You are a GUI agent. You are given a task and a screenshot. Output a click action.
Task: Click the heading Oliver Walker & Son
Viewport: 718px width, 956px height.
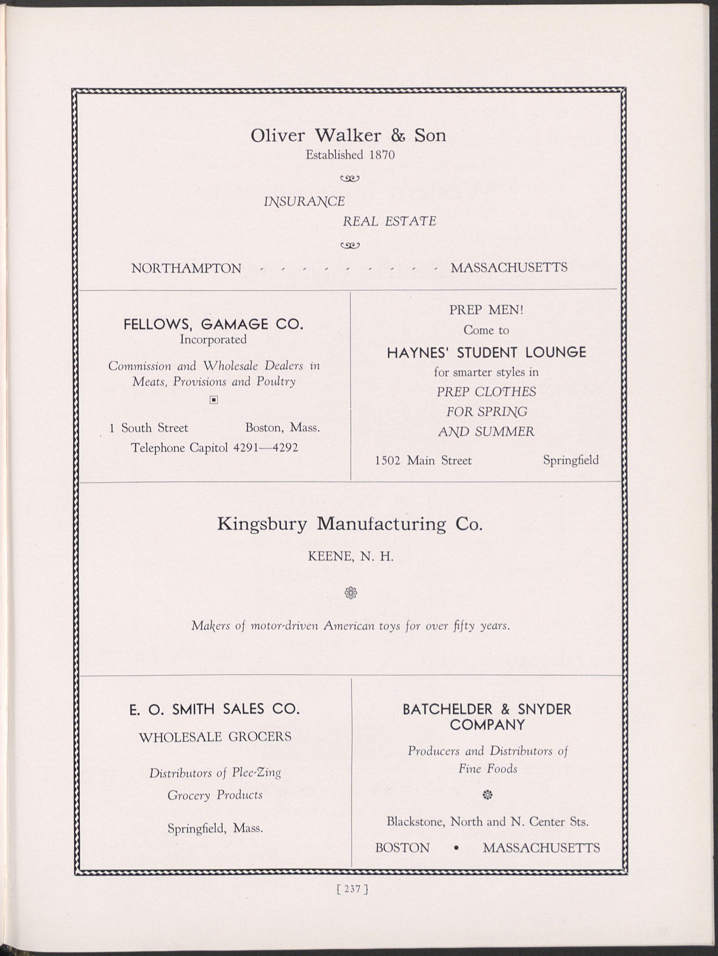point(348,136)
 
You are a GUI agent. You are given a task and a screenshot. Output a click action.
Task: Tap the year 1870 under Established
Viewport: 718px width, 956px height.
point(382,155)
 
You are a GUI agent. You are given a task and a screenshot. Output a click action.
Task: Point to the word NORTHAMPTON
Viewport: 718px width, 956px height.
point(186,268)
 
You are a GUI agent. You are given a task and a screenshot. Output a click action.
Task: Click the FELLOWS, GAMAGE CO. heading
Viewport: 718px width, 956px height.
point(213,324)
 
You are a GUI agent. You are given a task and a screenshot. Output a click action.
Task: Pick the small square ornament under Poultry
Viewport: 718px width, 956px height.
point(213,400)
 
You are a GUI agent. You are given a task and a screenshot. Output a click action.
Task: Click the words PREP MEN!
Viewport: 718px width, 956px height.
point(486,310)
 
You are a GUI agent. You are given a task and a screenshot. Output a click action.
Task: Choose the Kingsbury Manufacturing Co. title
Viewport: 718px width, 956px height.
point(349,524)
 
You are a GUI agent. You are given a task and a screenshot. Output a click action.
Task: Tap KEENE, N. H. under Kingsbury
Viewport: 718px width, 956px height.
point(350,557)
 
